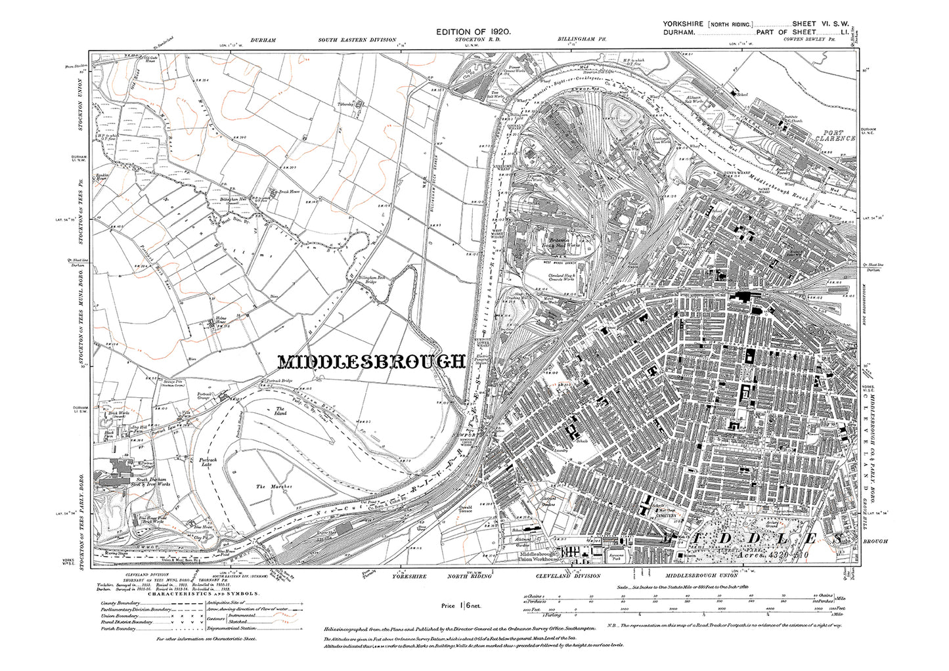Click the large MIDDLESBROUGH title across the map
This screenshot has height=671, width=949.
pos(372,362)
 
